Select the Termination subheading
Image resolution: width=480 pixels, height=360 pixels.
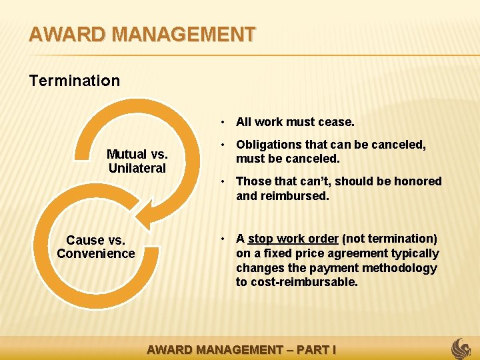[75, 81]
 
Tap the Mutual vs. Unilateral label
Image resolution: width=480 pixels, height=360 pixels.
[137, 161]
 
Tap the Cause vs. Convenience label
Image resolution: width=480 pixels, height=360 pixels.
[95, 247]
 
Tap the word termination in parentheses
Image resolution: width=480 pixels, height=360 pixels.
[403, 239]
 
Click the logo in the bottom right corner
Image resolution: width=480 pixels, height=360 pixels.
[461, 349]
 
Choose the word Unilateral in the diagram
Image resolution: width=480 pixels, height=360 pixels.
[137, 169]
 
